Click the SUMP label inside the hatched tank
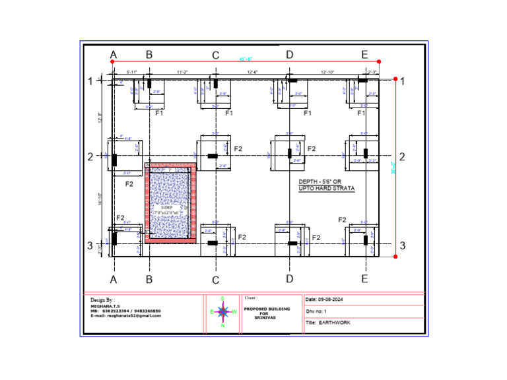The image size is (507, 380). click(x=166, y=206)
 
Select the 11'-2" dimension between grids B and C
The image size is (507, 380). click(x=183, y=71)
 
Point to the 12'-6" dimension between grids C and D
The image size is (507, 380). click(x=252, y=71)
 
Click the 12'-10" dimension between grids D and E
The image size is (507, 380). click(x=328, y=71)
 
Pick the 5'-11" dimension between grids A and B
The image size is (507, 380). click(x=132, y=71)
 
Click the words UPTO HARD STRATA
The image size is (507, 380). click(x=327, y=189)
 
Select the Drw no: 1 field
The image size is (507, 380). click(x=317, y=311)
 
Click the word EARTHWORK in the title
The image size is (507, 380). click(x=335, y=323)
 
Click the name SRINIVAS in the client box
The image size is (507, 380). click(x=266, y=317)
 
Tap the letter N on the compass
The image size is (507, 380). click(x=223, y=326)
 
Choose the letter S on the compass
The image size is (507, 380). click(x=223, y=298)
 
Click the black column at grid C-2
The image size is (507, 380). click(x=213, y=156)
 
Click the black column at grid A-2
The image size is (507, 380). click(x=114, y=160)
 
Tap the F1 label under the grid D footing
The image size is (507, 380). click(x=307, y=113)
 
